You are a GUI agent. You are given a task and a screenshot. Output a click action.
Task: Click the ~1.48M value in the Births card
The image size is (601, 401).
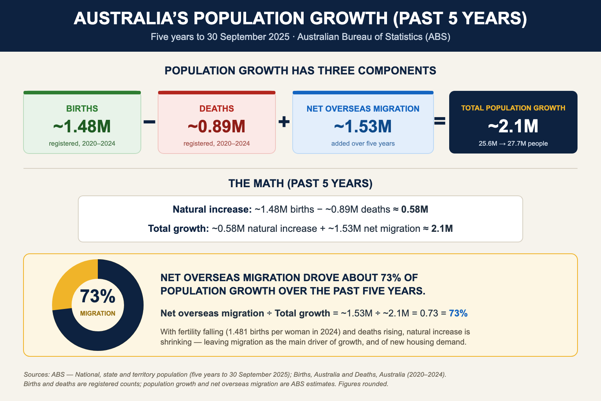point(82,126)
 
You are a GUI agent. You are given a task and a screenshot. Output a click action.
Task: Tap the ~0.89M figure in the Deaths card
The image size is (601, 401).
point(216,126)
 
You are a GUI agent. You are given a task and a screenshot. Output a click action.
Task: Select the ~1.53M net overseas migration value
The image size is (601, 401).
point(363,126)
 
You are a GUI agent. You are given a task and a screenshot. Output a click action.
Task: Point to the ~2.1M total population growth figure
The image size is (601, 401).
point(513,126)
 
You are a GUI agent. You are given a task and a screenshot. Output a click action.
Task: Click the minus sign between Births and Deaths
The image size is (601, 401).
point(149,122)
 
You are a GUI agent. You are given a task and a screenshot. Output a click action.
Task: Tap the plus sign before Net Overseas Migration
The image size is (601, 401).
point(284,122)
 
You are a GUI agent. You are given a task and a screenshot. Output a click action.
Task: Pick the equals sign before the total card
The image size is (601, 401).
point(440,121)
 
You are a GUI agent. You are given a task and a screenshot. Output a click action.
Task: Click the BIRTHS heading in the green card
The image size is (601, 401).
point(82,108)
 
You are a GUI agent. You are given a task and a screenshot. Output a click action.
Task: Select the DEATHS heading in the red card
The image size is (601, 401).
point(216,108)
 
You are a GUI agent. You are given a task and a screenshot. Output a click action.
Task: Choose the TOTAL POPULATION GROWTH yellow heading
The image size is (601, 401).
point(513,108)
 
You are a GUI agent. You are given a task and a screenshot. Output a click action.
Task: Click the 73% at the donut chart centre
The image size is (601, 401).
point(98,296)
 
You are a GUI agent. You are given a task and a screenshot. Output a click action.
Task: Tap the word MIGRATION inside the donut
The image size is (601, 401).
point(98,313)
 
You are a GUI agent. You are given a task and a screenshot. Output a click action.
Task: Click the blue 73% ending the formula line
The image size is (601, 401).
point(458,313)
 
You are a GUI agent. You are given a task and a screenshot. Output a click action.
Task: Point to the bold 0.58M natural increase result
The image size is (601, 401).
point(414,209)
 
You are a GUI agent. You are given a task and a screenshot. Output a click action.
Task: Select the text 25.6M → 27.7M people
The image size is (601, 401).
point(513,143)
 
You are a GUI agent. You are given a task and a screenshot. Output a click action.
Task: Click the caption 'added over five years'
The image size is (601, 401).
point(363,143)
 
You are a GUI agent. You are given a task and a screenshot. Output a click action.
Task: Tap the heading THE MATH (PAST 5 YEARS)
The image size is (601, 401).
point(300,183)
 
